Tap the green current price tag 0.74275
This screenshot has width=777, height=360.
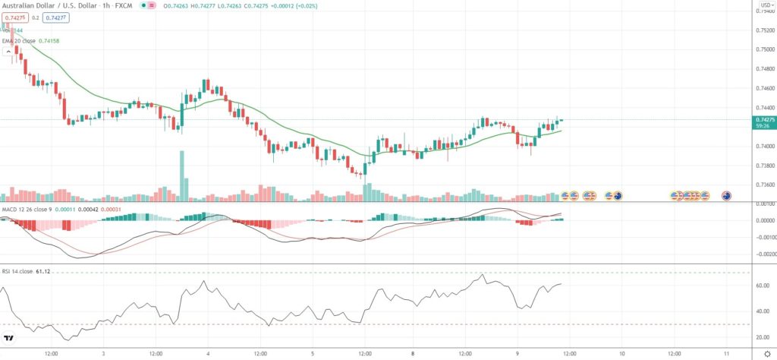coord(763,119)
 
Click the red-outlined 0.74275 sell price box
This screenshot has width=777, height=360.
coord(13,17)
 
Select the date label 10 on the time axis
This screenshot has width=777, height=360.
coord(621,353)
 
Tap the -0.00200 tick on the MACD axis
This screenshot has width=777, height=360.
coord(762,254)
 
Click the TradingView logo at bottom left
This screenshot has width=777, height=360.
coord(9,339)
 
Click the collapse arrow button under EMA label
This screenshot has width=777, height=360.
coord(8,52)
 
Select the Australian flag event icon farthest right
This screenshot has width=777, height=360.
coord(726,196)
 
